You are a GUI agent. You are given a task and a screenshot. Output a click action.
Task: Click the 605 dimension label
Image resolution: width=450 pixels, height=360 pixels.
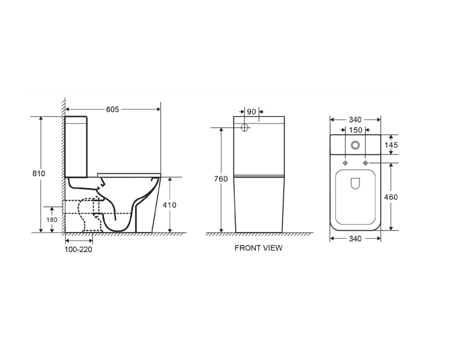112,109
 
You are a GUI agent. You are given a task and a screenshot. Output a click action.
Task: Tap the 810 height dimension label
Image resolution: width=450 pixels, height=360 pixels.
39,173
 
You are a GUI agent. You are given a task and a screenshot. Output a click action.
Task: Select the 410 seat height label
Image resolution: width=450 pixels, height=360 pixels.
169,205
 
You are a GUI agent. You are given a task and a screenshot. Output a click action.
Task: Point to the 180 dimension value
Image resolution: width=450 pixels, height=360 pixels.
52,220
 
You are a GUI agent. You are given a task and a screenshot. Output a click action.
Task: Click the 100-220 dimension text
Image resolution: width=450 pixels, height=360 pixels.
78,249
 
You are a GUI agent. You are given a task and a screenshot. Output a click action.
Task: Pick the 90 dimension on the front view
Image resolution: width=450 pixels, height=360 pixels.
251,112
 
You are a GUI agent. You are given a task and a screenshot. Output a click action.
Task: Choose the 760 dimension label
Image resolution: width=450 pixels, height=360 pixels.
221,179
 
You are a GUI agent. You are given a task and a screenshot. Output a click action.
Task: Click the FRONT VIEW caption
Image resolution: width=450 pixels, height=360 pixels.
258,248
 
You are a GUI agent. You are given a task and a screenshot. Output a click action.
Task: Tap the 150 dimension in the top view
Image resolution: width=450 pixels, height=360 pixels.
355,130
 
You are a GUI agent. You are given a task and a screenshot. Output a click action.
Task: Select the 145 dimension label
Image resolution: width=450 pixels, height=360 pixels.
391,145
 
